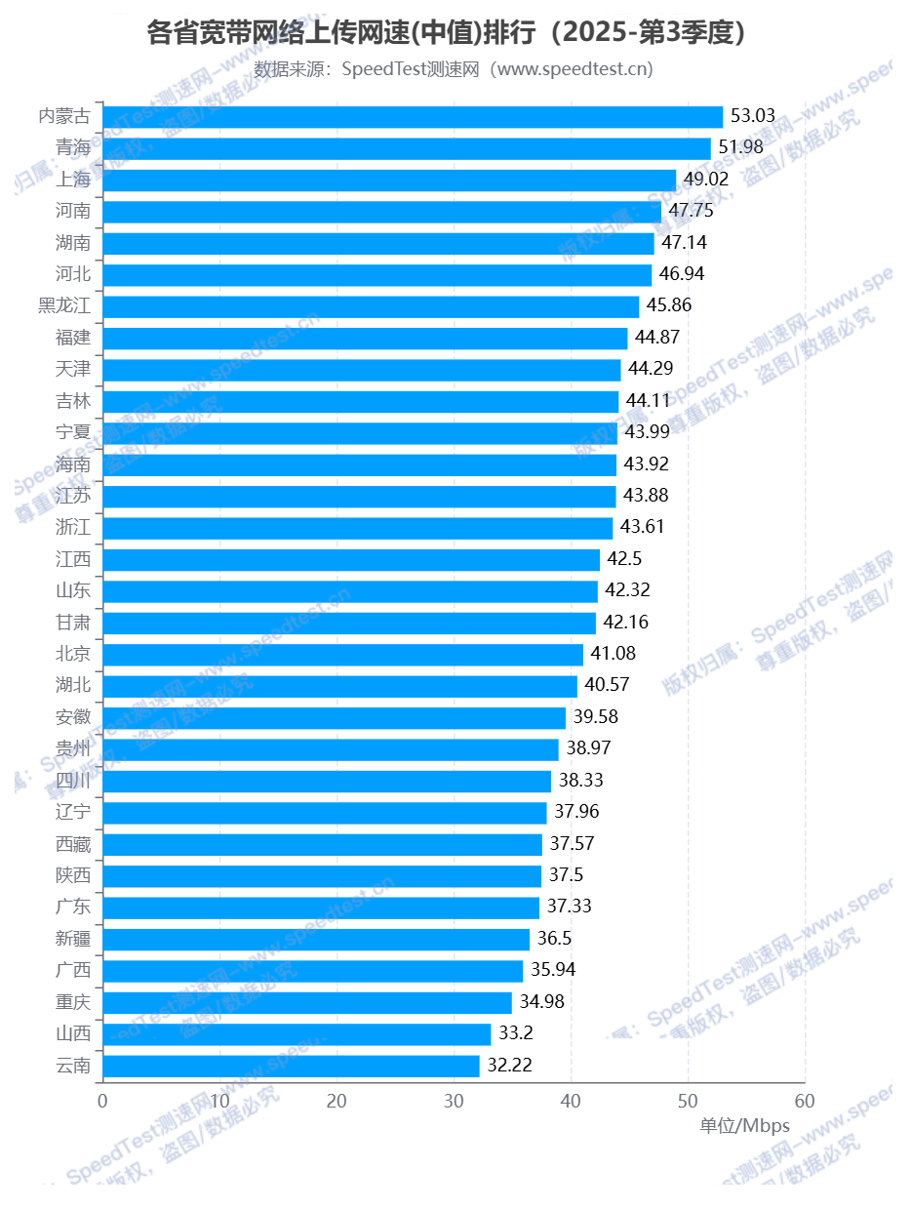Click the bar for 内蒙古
pyautogui.click(x=413, y=117)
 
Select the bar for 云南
pyautogui.click(x=291, y=1066)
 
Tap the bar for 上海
pyautogui.click(x=389, y=181)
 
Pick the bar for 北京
pyautogui.click(x=342, y=654)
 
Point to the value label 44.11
pyautogui.click(x=649, y=401)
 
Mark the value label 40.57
pyautogui.click(x=607, y=685)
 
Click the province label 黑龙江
pyautogui.click(x=64, y=306)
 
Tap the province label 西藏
pyautogui.click(x=73, y=843)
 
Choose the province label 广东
pyautogui.click(x=73, y=907)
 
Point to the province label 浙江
pyautogui.click(x=73, y=528)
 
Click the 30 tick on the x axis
pyautogui.click(x=454, y=1102)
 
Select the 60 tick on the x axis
pyautogui.click(x=805, y=1102)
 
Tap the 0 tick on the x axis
pyautogui.click(x=102, y=1102)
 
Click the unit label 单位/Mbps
pyautogui.click(x=744, y=1126)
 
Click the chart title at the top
pyautogui.click(x=454, y=34)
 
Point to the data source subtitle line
pyautogui.click(x=454, y=69)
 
